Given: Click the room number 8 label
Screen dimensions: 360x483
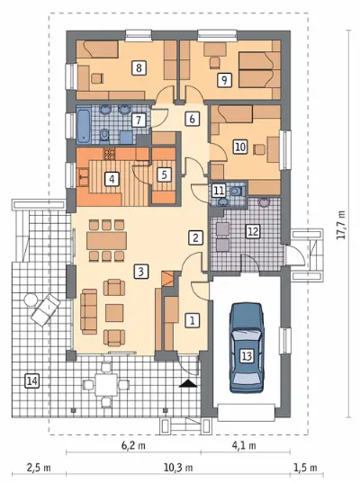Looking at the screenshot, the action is click(139, 67).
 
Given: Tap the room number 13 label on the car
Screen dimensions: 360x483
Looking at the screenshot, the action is click(247, 356).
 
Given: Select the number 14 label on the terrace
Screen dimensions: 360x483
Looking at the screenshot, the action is click(32, 381).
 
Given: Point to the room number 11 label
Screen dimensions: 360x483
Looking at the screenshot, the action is click(219, 191).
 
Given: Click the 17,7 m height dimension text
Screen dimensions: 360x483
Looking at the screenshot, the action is click(340, 225).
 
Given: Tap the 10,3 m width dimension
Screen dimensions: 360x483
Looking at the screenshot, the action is click(178, 468).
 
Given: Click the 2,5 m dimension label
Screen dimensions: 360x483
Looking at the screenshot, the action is click(39, 468).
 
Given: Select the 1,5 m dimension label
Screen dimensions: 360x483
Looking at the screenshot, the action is click(305, 468).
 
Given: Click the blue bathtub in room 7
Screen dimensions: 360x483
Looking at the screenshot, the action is click(84, 125).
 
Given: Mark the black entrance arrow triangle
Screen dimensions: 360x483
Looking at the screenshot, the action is click(189, 383).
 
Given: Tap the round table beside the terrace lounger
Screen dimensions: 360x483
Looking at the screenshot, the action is click(31, 300).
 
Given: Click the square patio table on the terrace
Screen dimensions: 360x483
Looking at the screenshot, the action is click(106, 385).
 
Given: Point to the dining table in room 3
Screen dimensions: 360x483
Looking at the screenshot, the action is click(106, 240).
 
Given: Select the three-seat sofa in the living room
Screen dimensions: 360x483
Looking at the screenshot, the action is click(89, 311).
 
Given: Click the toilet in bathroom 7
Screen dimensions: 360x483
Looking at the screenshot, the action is click(104, 136).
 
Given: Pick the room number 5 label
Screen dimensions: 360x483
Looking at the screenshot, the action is click(164, 174).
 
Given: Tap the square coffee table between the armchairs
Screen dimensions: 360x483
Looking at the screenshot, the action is click(114, 313).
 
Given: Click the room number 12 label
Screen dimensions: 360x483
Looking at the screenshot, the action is click(253, 231).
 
